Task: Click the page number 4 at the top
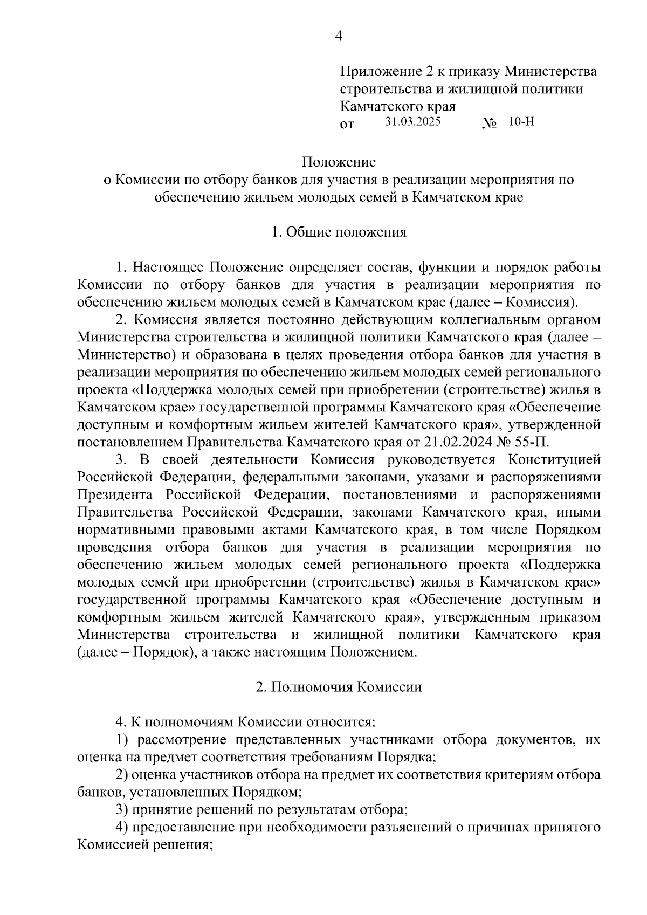[x=339, y=36]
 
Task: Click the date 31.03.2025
[x=413, y=122]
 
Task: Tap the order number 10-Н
[x=521, y=122]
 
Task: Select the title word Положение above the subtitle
[x=339, y=162]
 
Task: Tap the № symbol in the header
[x=489, y=124]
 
